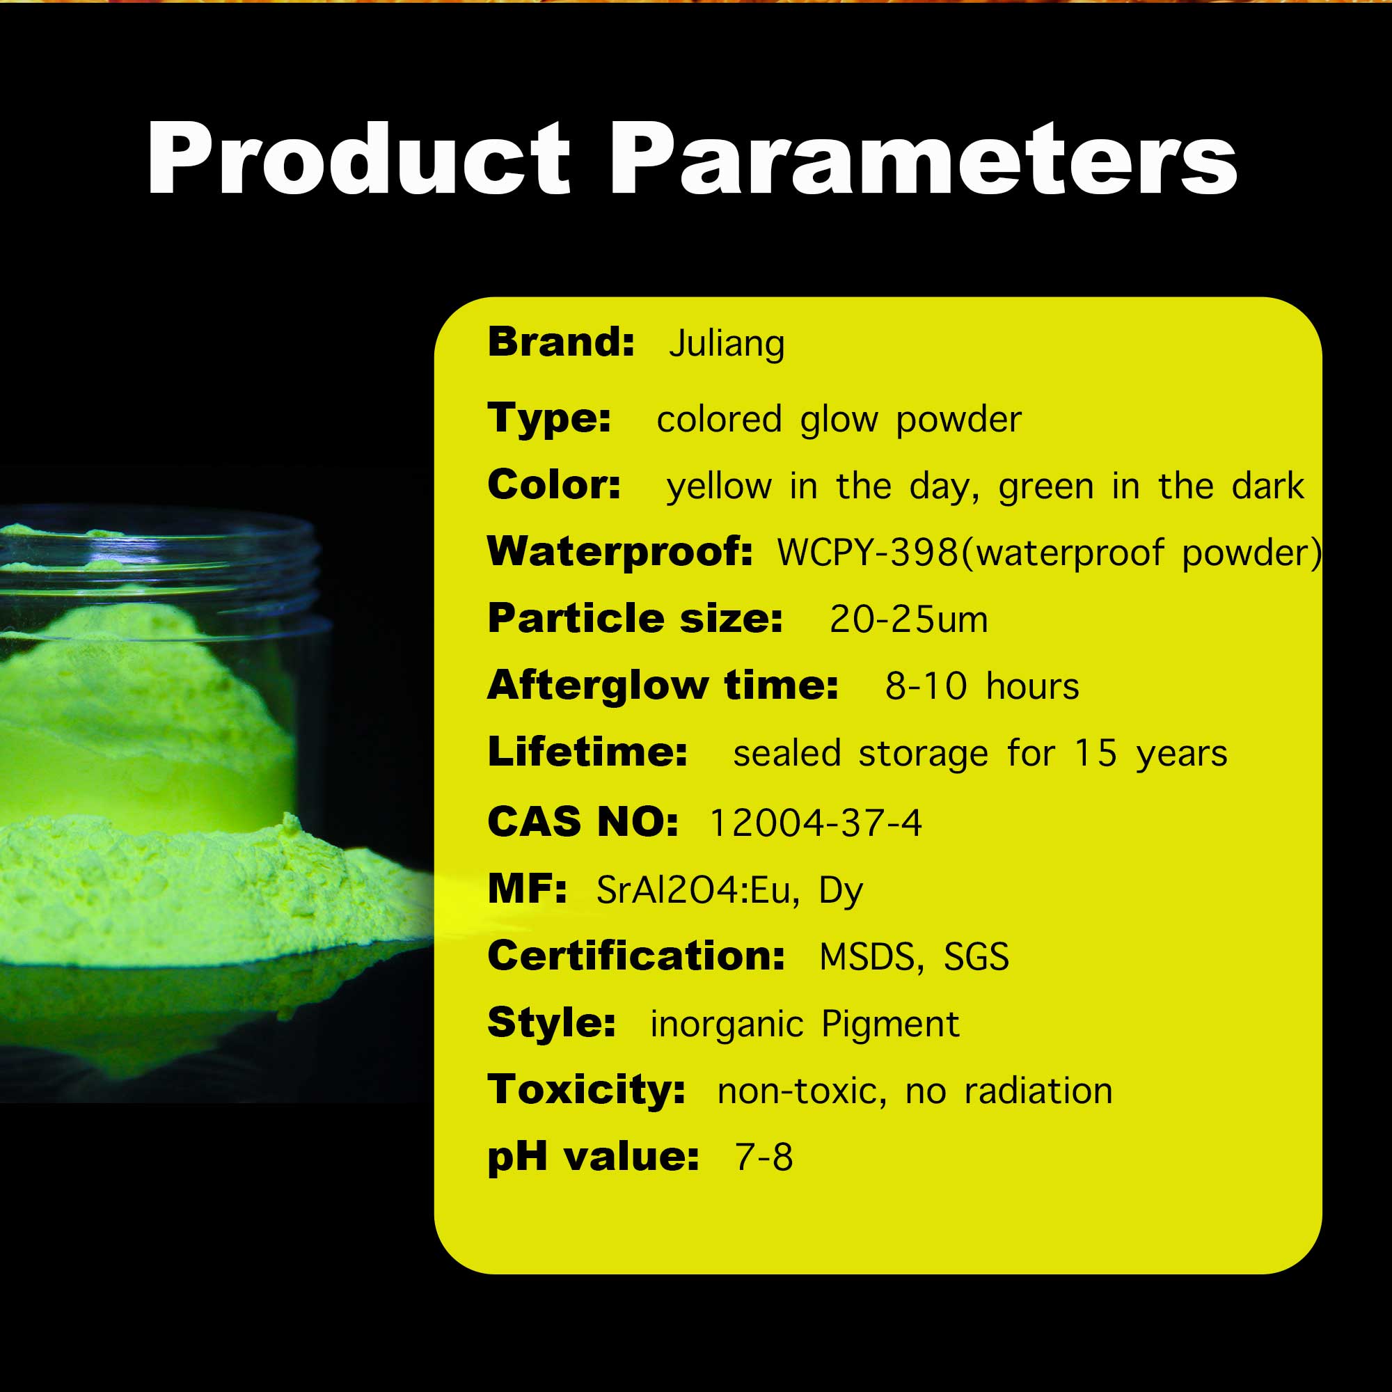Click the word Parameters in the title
tap(924, 158)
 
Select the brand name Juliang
tap(726, 343)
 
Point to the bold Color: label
tap(554, 484)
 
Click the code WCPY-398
tap(867, 553)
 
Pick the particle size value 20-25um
tap(908, 619)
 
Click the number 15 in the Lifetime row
tap(1096, 754)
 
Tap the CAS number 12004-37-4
tap(816, 823)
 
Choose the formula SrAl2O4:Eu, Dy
tap(729, 891)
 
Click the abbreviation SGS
tap(976, 958)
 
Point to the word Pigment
tap(891, 1025)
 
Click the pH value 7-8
tap(764, 1158)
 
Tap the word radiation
tap(1038, 1091)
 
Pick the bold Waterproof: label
tap(620, 552)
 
